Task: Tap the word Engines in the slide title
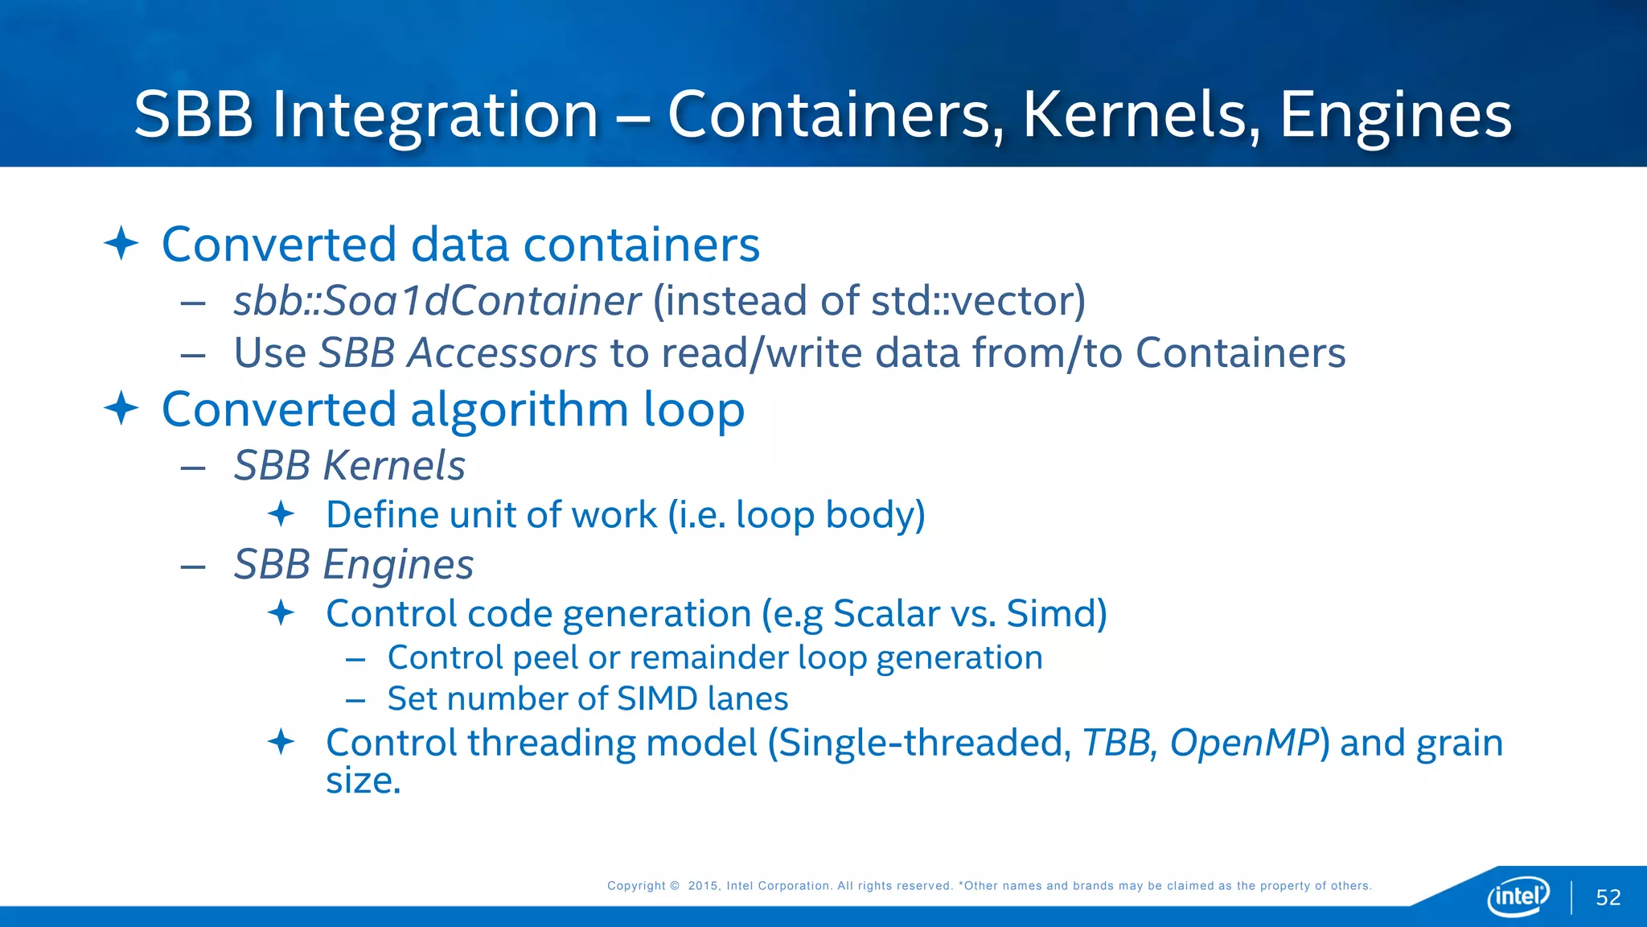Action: (1395, 115)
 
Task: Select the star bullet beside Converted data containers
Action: (121, 243)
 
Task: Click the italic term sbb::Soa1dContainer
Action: (437, 301)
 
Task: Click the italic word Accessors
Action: (502, 353)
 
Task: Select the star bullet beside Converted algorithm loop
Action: (121, 408)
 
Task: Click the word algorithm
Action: (520, 410)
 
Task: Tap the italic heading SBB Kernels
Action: (350, 465)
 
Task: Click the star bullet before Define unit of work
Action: (281, 513)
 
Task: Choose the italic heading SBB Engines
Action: (354, 564)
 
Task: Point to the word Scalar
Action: (886, 613)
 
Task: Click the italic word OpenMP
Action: (1244, 743)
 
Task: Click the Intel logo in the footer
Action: (1518, 896)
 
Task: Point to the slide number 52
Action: (1608, 897)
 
